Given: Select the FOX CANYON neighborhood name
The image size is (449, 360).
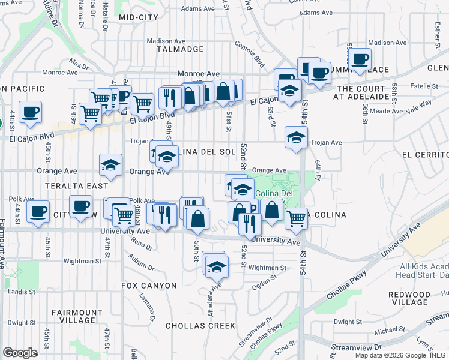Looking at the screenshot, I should pos(149,286).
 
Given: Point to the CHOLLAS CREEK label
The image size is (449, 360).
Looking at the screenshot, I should pos(200,326).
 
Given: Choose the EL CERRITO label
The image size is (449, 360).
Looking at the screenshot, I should pos(425,154).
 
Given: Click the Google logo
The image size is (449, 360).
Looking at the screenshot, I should pos(20,352).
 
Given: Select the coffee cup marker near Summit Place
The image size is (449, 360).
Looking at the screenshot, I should pos(360,59).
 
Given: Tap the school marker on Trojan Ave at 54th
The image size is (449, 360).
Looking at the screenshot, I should pos(296,138).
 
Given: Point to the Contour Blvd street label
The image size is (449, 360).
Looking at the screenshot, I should pos(250,53).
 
